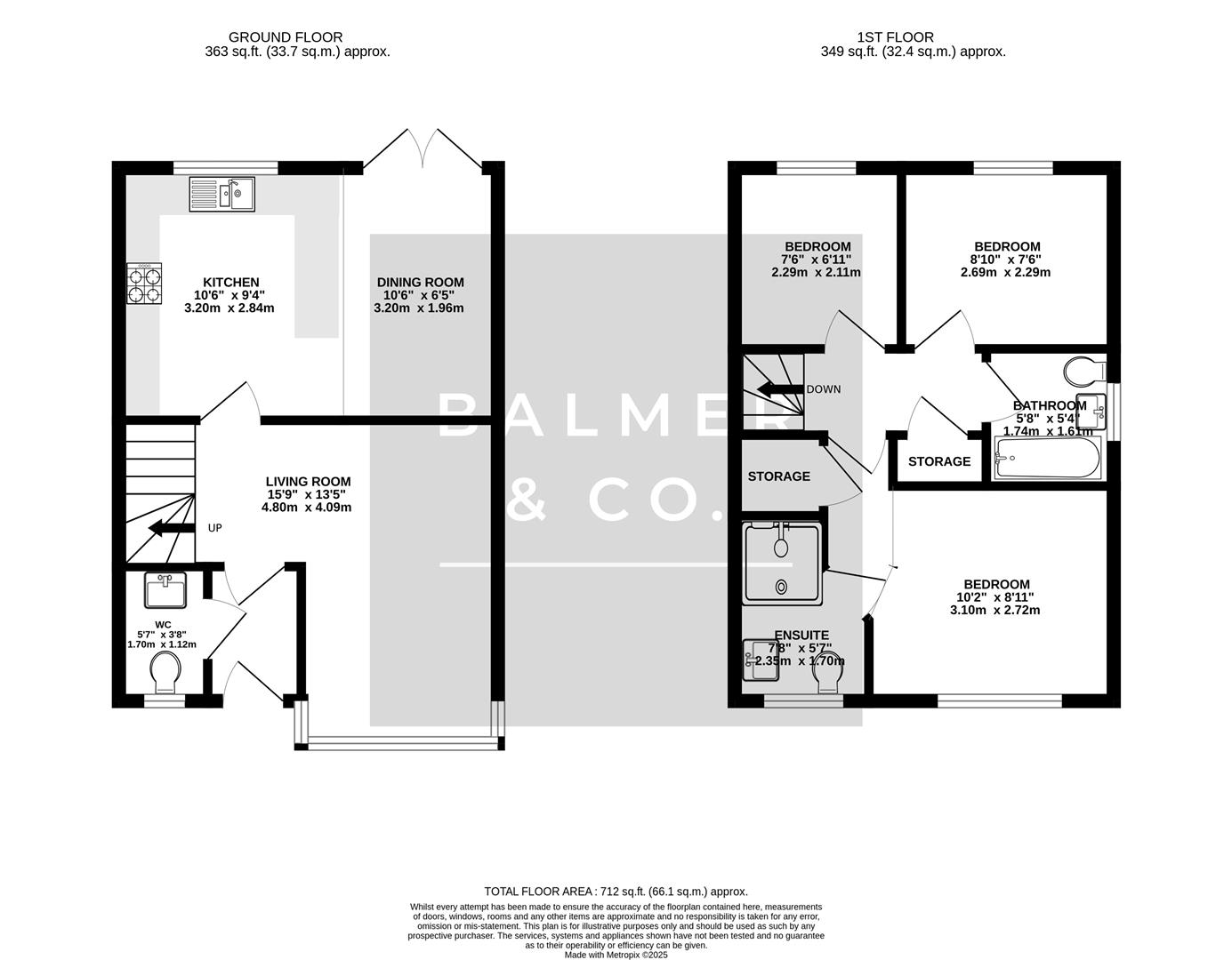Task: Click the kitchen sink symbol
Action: pos(222,194)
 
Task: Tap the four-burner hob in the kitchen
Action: pos(147,283)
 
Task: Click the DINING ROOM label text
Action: pos(419,283)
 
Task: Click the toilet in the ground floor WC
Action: pos(165,671)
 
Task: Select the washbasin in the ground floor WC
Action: pos(165,588)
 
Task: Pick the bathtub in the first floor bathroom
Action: pos(1048,458)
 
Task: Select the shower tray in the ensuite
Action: pos(781,564)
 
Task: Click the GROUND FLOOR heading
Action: pos(286,37)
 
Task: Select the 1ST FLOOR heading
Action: pos(895,37)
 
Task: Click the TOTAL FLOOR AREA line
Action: pos(616,891)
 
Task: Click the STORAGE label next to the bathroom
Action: pos(939,461)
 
